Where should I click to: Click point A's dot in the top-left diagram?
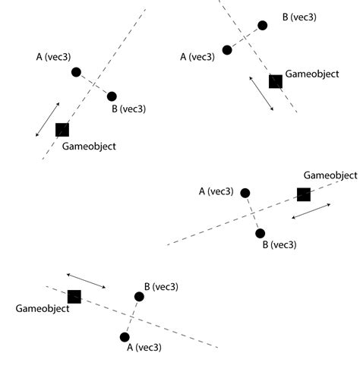76,72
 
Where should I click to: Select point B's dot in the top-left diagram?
112,96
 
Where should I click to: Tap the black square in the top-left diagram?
62,130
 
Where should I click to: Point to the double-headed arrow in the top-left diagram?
47,120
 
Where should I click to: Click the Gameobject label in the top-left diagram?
88,146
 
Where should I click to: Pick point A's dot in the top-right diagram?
227,50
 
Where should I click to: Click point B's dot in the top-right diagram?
262,25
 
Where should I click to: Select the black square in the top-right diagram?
276,81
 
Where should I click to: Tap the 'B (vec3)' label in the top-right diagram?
299,17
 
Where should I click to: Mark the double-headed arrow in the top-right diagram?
262,93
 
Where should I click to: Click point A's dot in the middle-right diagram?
245,193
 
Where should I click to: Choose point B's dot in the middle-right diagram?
261,233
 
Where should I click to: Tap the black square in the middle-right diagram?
304,194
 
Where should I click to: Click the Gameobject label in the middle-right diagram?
330,175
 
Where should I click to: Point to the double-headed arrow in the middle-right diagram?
311,212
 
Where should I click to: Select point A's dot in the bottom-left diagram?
125,336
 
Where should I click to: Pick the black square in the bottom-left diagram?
74,297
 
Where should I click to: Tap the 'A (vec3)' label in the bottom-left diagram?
144,348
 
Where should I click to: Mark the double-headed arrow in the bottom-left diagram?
86,280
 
